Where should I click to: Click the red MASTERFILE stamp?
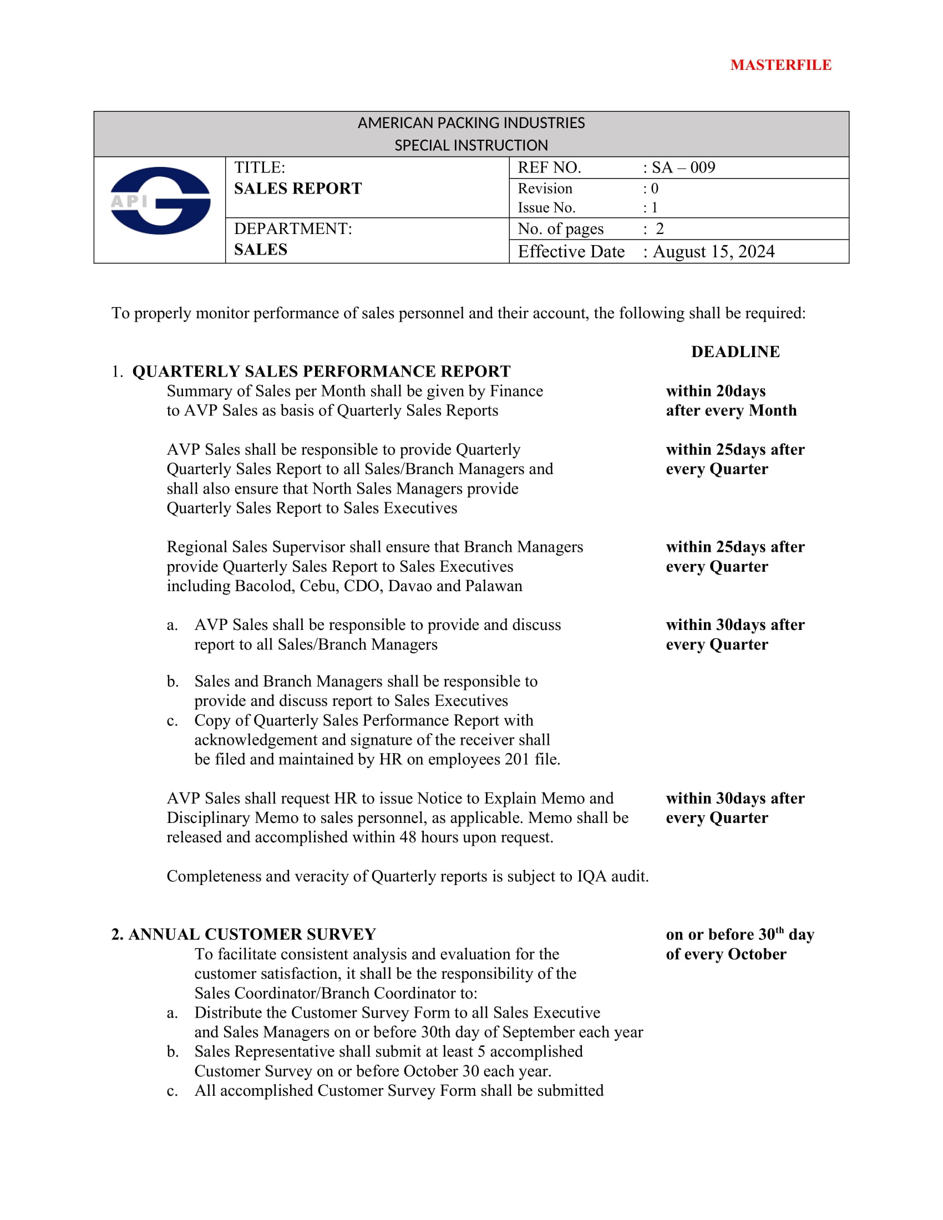tap(780, 65)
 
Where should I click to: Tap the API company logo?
tap(160, 201)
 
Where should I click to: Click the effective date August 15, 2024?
tap(713, 252)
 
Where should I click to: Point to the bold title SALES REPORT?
tap(298, 189)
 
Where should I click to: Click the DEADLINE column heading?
tap(735, 352)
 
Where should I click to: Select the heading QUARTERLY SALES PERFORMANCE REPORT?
tap(321, 372)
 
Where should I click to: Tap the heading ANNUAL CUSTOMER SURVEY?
tap(252, 934)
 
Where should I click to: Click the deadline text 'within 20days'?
tap(715, 391)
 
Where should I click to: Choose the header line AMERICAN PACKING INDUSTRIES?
tap(471, 123)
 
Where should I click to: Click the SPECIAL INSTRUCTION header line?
tap(471, 146)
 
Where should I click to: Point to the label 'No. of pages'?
tap(560, 229)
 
